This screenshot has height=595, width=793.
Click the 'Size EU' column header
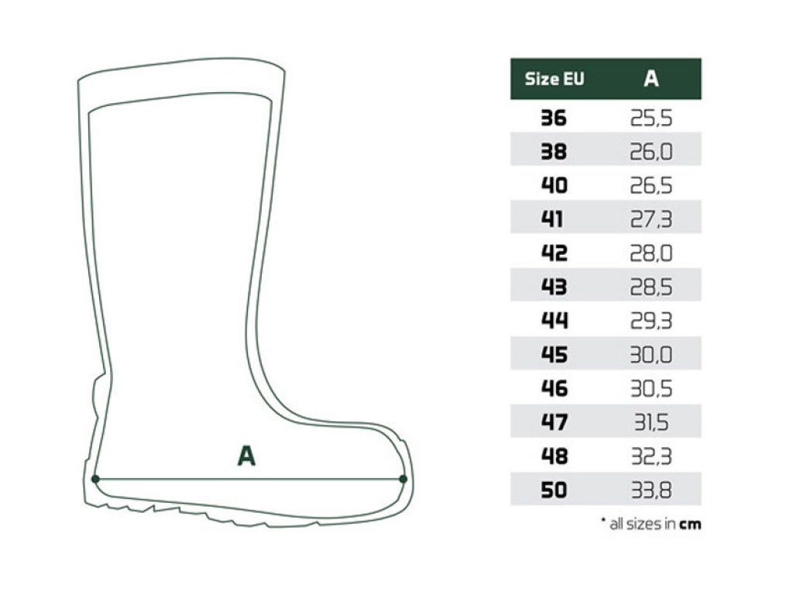554,79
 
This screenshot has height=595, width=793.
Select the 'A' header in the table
651,79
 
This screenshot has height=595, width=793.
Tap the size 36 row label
554,119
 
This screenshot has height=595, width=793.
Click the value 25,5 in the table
651,119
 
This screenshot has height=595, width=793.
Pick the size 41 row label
552,219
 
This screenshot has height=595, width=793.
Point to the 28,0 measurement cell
651,253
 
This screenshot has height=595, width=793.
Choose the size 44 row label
554,320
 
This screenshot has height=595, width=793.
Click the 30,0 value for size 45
651,355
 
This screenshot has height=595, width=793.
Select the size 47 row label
554,422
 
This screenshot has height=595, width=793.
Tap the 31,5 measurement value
651,422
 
